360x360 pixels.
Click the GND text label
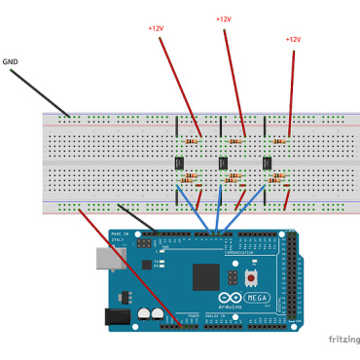pos(11,61)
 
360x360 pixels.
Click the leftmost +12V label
pos(156,28)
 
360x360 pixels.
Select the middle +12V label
pos(224,18)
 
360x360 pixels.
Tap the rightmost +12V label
pos(294,39)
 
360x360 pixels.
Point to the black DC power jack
pos(116,315)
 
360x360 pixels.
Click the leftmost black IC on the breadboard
pos(179,162)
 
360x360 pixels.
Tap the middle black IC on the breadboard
pos(224,162)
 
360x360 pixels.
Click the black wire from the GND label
pos(39,91)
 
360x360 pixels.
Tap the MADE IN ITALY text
pos(120,237)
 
